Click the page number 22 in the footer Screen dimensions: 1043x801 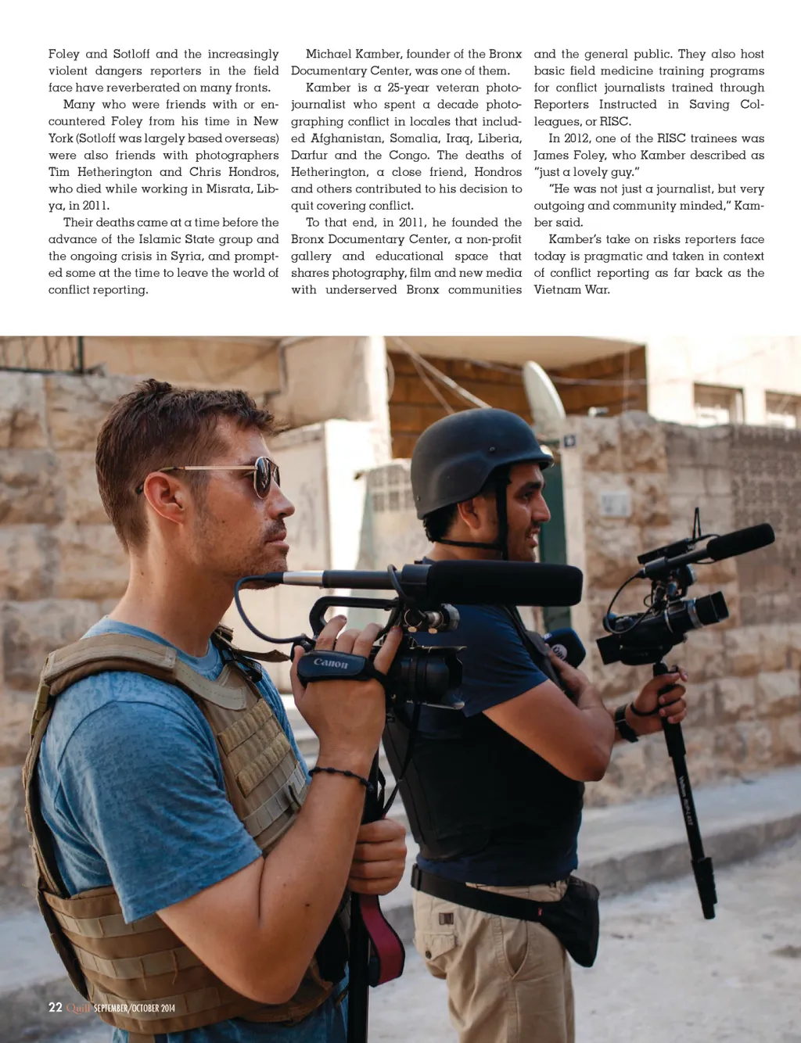pos(55,1007)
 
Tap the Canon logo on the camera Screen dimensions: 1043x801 pos(330,663)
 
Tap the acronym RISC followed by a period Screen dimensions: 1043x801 pos(615,121)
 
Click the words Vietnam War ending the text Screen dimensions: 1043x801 pos(571,289)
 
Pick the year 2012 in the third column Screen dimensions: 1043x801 pos(577,138)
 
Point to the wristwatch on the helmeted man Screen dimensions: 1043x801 pos(623,722)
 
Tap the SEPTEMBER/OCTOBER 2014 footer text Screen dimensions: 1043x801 pos(135,1008)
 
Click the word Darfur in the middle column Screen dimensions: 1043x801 pos(309,155)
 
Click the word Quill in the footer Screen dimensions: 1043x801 pos(78,1008)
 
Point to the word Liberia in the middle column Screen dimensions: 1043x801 pos(499,138)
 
